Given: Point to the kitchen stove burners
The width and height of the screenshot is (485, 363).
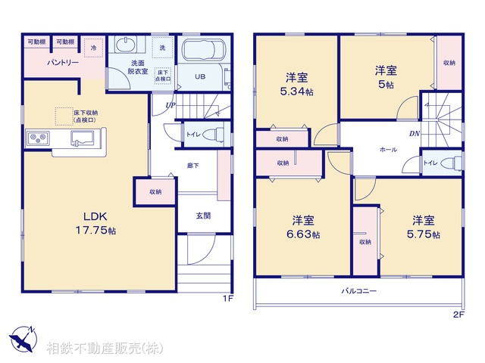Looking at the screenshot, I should click(39, 138).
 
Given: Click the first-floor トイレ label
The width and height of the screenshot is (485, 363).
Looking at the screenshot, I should click(192, 135).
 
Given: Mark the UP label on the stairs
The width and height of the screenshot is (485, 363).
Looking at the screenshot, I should click(170, 105).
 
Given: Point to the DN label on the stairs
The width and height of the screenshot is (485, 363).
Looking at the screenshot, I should click(415, 135).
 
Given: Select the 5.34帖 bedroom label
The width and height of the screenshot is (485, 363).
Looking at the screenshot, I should click(296, 85).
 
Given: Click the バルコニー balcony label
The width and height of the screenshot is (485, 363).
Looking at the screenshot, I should click(358, 290).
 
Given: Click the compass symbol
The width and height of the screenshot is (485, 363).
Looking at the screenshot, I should click(22, 337).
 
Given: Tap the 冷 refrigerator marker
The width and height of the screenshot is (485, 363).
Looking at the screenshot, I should click(93, 47).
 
